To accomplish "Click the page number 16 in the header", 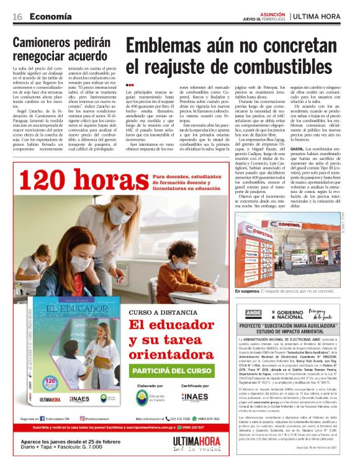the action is click(x=18, y=16).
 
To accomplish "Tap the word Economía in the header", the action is click(x=52, y=16).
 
